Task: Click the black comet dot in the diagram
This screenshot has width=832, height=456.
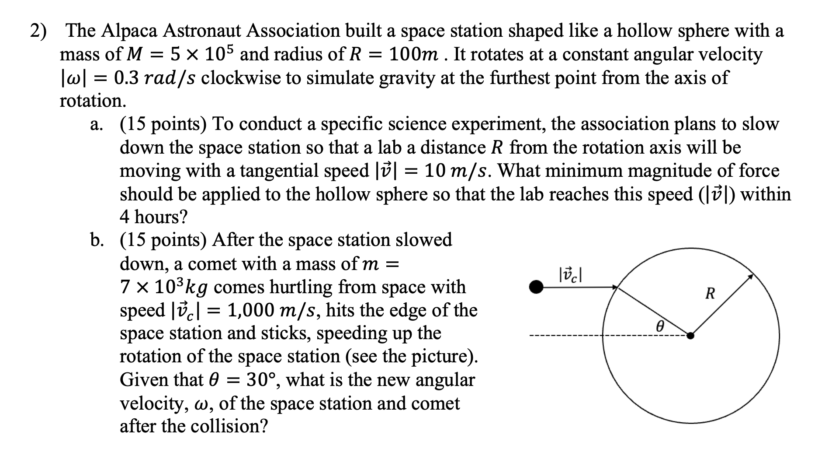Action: point(536,287)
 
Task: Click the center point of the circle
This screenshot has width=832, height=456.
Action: point(690,336)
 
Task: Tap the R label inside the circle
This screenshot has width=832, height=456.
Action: point(710,294)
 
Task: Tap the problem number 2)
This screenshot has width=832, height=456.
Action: point(39,31)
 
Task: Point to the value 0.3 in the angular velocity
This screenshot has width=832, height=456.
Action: point(127,78)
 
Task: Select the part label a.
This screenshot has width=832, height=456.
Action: point(96,125)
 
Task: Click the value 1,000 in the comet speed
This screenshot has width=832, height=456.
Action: point(253,311)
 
